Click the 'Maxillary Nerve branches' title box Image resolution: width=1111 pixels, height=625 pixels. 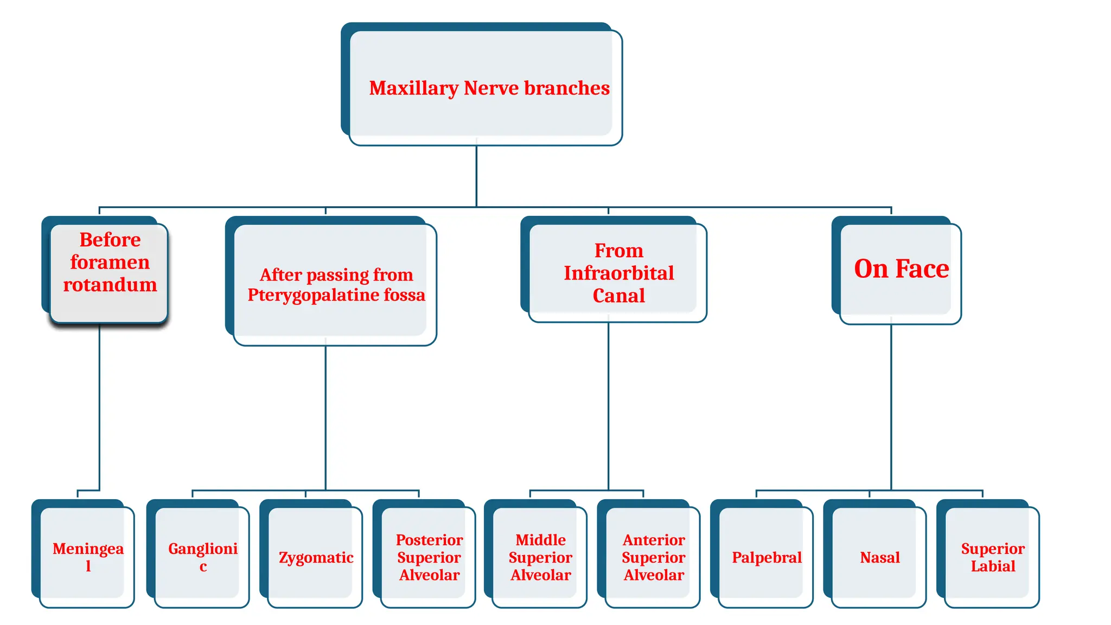coord(483,87)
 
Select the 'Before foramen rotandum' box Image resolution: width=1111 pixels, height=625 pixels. coord(108,271)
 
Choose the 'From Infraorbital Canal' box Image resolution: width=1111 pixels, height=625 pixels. coord(617,271)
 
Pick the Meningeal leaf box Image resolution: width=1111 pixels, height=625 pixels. coord(87,556)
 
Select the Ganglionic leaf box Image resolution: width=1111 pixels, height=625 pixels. coord(202,556)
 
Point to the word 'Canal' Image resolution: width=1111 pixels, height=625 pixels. coord(618,296)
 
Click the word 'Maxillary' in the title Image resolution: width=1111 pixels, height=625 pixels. coord(413,88)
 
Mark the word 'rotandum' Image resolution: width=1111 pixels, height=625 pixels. coord(110,285)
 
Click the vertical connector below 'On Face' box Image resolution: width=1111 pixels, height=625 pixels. coord(891,407)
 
